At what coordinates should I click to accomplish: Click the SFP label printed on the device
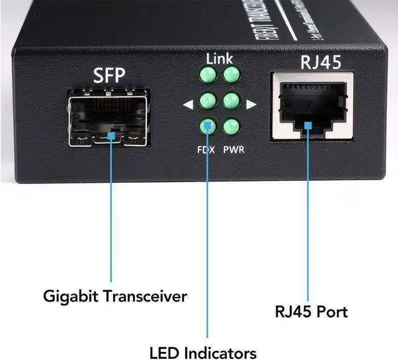109,76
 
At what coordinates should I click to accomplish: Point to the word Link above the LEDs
220,59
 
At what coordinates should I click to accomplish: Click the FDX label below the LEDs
206,149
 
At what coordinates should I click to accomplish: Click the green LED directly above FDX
207,127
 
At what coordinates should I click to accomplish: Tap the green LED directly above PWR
232,126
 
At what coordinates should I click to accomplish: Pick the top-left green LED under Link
207,76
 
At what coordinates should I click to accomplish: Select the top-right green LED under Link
232,75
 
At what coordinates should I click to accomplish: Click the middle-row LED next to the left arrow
207,101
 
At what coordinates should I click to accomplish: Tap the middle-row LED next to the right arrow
232,101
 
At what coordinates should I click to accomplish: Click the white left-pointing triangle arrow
188,104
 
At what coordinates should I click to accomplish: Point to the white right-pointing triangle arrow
251,104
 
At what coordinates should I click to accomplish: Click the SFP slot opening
109,118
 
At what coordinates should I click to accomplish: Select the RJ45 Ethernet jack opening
311,106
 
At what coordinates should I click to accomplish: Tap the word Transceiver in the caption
149,296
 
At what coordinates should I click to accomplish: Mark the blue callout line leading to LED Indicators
207,249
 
